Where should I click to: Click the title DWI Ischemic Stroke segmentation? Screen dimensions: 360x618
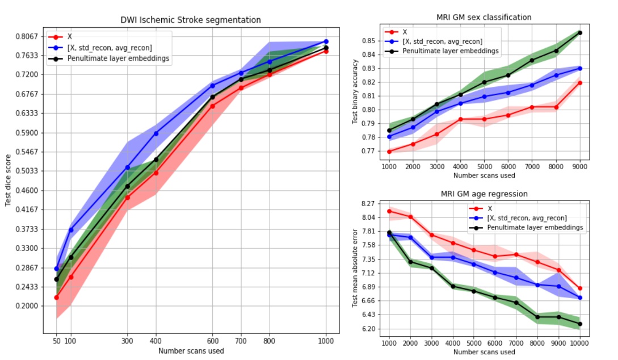[191, 20]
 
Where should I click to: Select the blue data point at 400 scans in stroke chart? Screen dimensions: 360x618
[156, 133]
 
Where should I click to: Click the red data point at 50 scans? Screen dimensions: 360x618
[56, 298]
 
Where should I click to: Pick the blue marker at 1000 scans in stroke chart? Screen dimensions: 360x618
[326, 41]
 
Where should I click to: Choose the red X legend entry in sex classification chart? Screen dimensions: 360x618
[405, 32]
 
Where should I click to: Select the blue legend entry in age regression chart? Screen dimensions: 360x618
[527, 218]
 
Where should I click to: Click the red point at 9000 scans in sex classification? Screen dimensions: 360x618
[580, 82]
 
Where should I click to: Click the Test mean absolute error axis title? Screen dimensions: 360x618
[355, 269]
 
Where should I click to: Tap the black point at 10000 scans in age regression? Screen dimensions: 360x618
[580, 324]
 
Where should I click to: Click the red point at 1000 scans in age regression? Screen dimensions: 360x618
[389, 211]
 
